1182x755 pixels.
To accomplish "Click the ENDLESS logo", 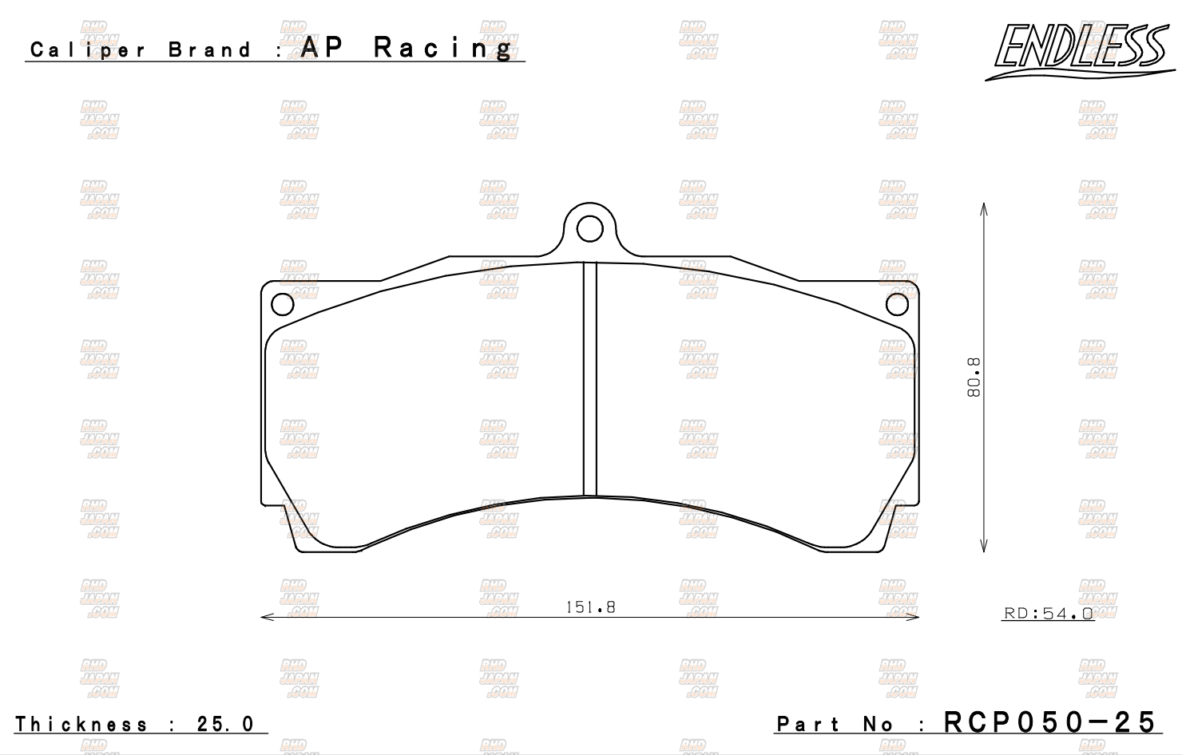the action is [x=1080, y=52].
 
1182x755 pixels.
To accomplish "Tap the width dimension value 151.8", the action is [x=590, y=607].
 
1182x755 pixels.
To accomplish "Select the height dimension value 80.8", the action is [x=974, y=377].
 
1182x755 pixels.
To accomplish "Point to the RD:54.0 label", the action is [x=1048, y=613].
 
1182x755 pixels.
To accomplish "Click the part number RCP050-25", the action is [x=1049, y=721].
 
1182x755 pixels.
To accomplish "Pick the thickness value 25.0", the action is [x=226, y=724].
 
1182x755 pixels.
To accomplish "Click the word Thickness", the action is [x=81, y=724].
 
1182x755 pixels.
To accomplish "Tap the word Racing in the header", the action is [x=442, y=49].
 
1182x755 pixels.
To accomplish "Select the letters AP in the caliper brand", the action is [x=322, y=47].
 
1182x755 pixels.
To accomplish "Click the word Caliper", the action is [x=88, y=50].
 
